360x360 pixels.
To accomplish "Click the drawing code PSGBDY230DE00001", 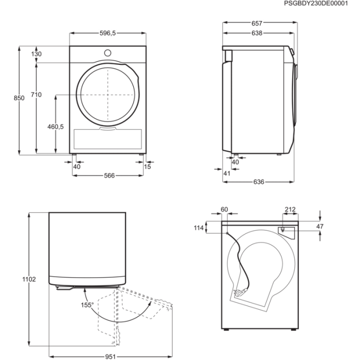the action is click(316, 4).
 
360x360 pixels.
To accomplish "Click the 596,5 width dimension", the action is click(107, 33).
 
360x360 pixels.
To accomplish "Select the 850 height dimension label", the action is click(19, 98).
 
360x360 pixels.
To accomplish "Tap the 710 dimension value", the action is click(37, 95).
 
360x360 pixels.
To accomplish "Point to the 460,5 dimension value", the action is click(56, 127).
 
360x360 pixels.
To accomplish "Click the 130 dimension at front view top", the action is click(37, 54).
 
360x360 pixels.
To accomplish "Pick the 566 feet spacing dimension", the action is click(109, 176).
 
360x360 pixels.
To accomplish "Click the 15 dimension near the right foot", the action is click(148, 167).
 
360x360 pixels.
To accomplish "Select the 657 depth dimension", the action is click(257, 24).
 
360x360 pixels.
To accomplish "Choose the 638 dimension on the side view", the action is click(257, 33).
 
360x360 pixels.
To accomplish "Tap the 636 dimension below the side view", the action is click(259, 182).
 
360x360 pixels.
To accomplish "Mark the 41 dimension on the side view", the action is click(227, 173).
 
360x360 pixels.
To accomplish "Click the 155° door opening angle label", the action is click(87, 305).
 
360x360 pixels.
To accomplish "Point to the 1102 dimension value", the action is click(29, 279).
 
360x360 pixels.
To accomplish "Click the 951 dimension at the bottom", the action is click(111, 356).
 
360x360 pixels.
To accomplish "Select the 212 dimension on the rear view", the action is click(290, 209).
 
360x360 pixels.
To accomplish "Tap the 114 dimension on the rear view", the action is click(199, 228).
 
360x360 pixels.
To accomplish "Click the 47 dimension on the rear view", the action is click(320, 226).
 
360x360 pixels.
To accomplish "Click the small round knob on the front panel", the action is click(107, 53).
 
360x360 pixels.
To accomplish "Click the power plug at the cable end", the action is click(240, 293).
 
